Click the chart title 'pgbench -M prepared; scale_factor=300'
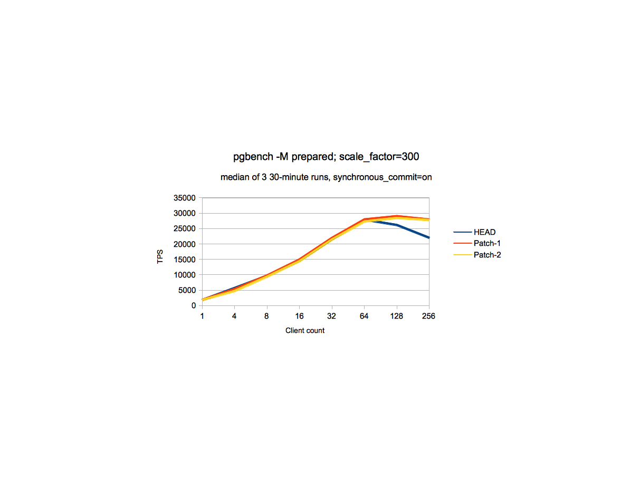click(x=326, y=157)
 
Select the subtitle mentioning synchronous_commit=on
click(x=326, y=177)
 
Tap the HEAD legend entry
click(x=484, y=232)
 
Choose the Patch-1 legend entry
click(x=487, y=243)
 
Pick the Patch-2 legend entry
click(x=487, y=255)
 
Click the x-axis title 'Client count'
click(x=305, y=331)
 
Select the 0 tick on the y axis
click(x=194, y=305)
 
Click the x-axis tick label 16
click(x=299, y=316)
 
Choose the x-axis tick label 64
click(x=364, y=316)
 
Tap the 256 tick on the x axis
click(x=428, y=316)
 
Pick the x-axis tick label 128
click(x=396, y=316)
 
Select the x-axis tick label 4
click(x=234, y=316)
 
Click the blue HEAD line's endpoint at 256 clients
click(x=428, y=238)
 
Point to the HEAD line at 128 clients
click(x=396, y=225)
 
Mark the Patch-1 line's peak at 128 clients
click(x=396, y=216)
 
